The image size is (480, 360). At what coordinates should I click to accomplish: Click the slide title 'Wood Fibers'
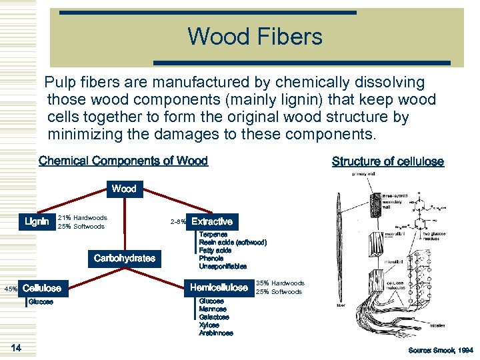click(x=255, y=36)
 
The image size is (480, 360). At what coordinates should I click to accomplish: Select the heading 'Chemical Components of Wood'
click(x=123, y=161)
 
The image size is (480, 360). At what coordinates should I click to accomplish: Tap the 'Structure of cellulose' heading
click(x=387, y=161)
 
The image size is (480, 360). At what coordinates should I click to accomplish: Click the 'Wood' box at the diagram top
click(x=124, y=189)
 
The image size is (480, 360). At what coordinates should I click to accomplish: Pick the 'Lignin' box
click(x=37, y=221)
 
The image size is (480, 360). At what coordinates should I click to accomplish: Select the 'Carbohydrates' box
click(x=125, y=258)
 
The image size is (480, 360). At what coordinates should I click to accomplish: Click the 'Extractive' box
click(x=212, y=221)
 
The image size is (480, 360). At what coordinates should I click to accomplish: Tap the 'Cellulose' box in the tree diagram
click(x=41, y=288)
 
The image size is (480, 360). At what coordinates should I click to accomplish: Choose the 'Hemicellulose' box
click(x=219, y=287)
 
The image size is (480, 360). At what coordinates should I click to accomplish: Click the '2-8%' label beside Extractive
click(x=177, y=221)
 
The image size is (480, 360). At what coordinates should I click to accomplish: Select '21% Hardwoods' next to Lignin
click(x=83, y=217)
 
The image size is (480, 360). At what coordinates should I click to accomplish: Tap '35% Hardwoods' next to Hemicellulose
click(x=280, y=283)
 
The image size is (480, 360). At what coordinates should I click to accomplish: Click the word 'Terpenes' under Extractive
click(x=213, y=235)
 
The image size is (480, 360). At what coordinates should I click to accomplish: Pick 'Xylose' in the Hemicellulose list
click(x=209, y=325)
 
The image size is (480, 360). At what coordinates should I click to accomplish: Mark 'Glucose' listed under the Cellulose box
click(x=40, y=302)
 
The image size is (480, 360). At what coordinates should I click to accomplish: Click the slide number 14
click(x=17, y=347)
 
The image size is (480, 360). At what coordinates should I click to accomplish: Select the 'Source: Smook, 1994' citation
click(x=441, y=350)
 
